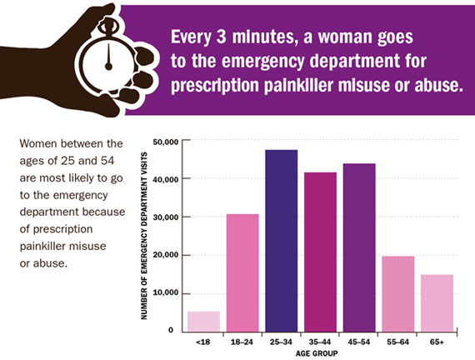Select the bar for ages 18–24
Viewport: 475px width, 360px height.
pos(242,272)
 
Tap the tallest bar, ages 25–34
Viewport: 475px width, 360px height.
pos(281,240)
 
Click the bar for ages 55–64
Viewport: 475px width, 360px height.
pos(397,293)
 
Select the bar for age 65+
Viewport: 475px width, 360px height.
pos(437,302)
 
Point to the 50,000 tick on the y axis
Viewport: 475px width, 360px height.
pos(167,141)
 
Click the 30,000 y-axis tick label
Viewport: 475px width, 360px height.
pos(167,217)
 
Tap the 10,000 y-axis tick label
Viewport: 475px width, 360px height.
pos(167,293)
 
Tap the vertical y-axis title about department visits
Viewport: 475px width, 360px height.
pos(147,236)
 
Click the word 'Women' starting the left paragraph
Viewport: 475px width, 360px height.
pos(36,143)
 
